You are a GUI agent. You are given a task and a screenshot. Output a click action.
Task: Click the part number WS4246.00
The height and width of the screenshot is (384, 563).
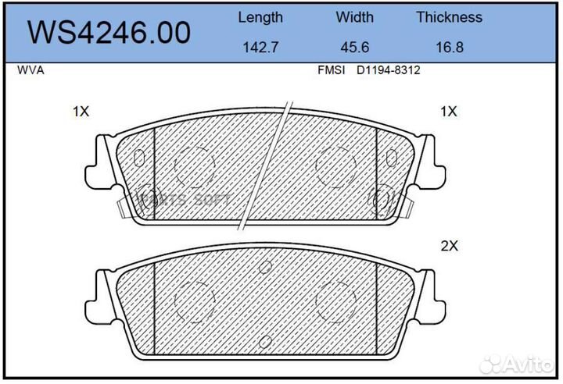pyautogui.click(x=109, y=32)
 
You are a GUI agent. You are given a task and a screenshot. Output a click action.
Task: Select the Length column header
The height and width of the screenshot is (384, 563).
pyautogui.click(x=260, y=17)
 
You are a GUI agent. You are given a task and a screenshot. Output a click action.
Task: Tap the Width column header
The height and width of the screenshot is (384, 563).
pyautogui.click(x=354, y=17)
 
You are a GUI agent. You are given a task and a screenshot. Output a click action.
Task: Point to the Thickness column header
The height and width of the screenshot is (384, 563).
pyautogui.click(x=449, y=17)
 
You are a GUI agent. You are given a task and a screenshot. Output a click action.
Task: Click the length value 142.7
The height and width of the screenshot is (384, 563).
pyautogui.click(x=260, y=47)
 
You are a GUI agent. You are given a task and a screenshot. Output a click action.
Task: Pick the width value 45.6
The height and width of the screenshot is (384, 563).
pyautogui.click(x=354, y=47)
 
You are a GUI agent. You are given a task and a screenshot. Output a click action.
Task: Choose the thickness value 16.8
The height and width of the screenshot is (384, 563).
pyautogui.click(x=449, y=47)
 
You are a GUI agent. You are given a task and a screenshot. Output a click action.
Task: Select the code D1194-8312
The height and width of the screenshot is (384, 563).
pyautogui.click(x=389, y=70)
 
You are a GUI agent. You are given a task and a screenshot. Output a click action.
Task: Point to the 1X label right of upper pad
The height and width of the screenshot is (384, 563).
pyautogui.click(x=448, y=112)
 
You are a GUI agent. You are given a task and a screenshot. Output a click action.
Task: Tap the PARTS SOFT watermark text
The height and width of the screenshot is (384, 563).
pyautogui.click(x=185, y=199)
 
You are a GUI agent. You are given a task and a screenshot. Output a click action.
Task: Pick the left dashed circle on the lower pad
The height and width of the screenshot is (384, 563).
pyautogui.click(x=194, y=298)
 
